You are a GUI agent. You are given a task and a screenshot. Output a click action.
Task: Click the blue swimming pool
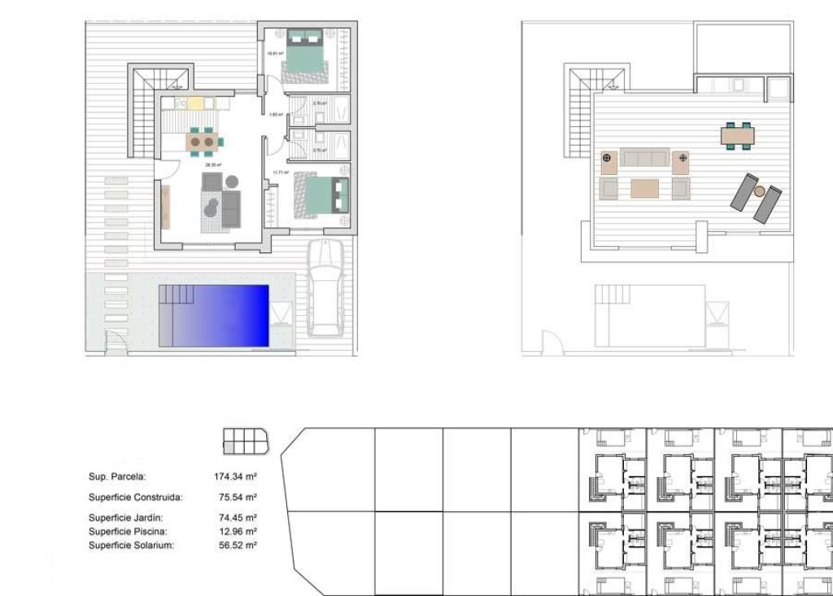224,315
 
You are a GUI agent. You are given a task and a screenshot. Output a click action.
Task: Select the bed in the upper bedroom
304,53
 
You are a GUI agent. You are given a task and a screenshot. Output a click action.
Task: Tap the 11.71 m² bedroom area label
281,173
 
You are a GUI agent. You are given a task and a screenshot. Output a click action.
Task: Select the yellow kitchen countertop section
196,103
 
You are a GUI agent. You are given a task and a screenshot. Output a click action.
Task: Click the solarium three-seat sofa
644,157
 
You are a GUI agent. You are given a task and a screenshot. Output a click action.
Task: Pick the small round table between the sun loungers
759,191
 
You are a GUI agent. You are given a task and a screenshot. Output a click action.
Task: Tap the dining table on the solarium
737,134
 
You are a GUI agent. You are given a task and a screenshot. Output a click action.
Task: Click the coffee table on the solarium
644,189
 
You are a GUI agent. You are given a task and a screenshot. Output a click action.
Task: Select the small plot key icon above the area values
245,440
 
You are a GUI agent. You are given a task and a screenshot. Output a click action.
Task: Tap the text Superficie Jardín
125,517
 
